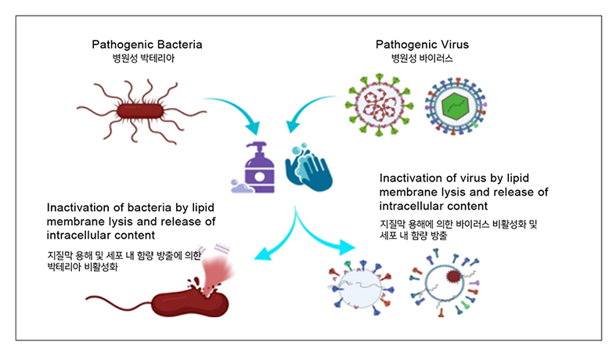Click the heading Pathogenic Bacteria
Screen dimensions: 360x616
[146, 44]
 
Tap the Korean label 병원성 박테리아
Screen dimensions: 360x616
[146, 57]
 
